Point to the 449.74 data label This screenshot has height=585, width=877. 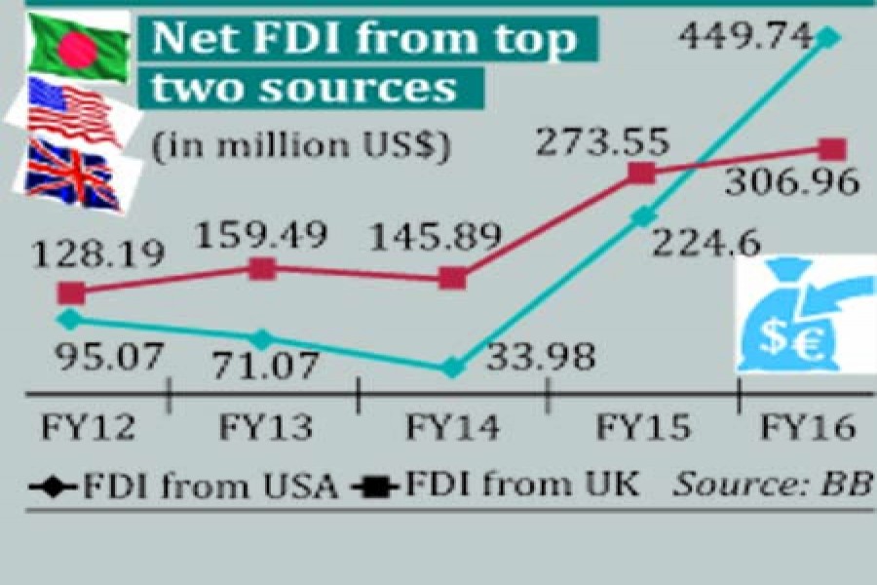click(746, 36)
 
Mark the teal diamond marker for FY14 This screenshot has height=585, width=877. click(451, 368)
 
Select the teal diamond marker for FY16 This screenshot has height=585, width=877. click(828, 38)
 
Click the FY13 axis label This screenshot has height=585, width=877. click(265, 427)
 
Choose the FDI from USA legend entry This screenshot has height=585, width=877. click(185, 485)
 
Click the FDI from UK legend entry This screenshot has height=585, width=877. click(497, 485)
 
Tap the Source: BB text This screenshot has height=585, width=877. click(770, 485)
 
